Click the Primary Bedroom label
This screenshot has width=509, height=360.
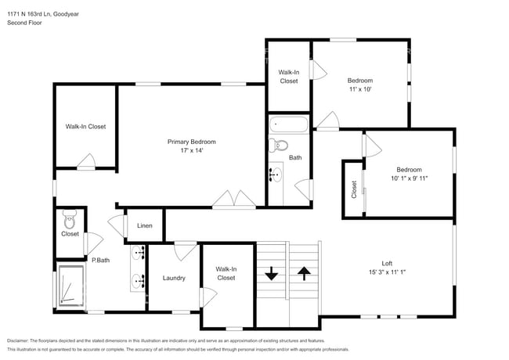tap(191, 142)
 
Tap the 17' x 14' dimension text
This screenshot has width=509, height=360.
tap(191, 151)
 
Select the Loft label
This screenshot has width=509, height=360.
tap(387, 264)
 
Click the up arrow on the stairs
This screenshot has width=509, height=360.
tap(304, 274)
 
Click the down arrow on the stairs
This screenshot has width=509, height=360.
tap(272, 274)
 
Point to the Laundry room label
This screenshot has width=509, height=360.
tap(174, 278)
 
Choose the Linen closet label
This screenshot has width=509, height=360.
tap(145, 226)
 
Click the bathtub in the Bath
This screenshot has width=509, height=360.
tap(289, 124)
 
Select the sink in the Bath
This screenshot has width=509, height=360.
tap(276, 174)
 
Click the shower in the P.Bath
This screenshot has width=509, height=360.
tap(70, 287)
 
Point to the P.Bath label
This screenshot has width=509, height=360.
tap(99, 260)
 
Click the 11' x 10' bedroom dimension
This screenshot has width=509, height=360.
tap(360, 89)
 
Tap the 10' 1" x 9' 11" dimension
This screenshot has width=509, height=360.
tap(408, 178)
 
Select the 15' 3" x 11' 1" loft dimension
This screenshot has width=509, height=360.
tap(387, 272)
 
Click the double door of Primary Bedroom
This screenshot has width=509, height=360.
tap(234, 200)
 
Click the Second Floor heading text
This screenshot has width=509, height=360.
tap(24, 23)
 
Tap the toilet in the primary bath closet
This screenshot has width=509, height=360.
tap(68, 217)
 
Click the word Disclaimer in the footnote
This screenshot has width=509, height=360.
tap(21, 341)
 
